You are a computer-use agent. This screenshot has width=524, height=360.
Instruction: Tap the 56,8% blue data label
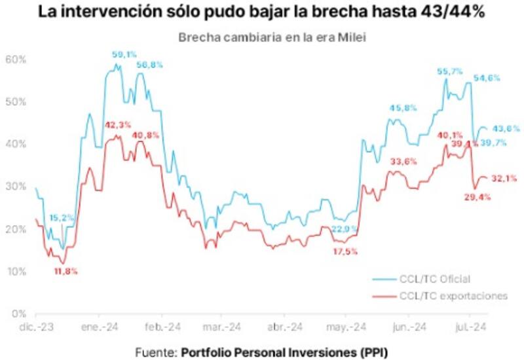[x=149, y=64]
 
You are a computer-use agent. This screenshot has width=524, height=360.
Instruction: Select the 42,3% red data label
[x=118, y=124]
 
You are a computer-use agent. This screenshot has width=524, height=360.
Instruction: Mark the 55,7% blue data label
[x=449, y=71]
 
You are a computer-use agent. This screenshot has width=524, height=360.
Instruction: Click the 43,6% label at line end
[x=506, y=128]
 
